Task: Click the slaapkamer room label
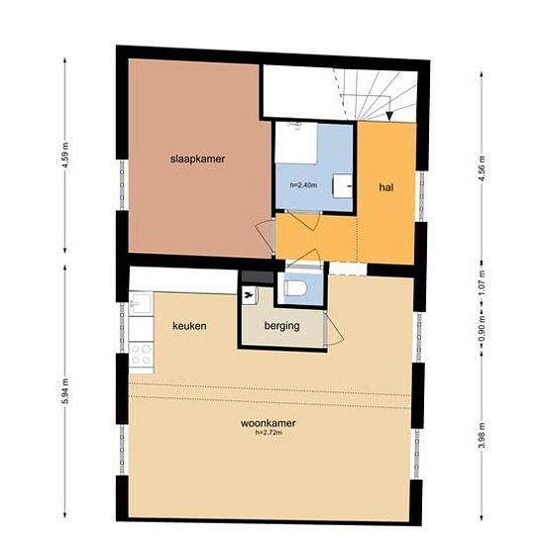(x=197, y=160)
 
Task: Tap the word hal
(x=386, y=187)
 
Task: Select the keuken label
(x=189, y=326)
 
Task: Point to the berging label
(x=281, y=326)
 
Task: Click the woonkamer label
(x=269, y=423)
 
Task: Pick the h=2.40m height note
(x=303, y=185)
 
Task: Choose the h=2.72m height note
(x=269, y=433)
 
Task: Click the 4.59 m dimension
(x=65, y=155)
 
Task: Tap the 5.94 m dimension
(x=65, y=391)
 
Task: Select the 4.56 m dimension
(x=482, y=167)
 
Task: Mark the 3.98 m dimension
(x=482, y=435)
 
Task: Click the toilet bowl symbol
(x=295, y=288)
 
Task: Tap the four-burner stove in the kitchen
(x=141, y=354)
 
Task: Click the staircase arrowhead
(x=389, y=116)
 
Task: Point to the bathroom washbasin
(x=342, y=186)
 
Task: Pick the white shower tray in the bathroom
(x=296, y=143)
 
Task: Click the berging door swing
(x=335, y=329)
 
